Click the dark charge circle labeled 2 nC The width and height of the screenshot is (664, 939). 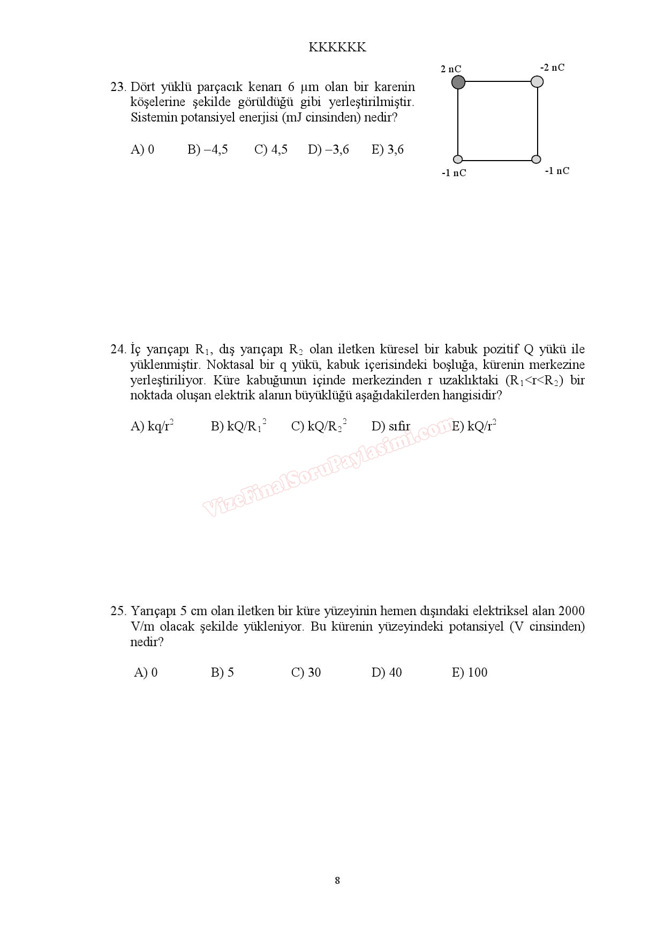(458, 82)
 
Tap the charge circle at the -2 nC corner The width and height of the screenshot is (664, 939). (537, 81)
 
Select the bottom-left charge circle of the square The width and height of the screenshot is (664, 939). (458, 159)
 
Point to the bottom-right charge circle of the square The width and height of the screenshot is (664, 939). (537, 159)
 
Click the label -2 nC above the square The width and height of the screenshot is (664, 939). (552, 67)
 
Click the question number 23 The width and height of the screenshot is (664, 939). (117, 87)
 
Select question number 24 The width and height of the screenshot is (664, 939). (117, 350)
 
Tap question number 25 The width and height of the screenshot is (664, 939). (117, 611)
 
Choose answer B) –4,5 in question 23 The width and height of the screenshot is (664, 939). (207, 149)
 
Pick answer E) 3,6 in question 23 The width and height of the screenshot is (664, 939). (387, 149)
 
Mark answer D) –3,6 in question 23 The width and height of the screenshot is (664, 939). (328, 149)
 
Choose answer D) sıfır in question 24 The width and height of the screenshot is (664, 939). (391, 426)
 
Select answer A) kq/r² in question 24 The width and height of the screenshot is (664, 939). (152, 426)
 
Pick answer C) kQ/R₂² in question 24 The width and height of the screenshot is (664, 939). (319, 426)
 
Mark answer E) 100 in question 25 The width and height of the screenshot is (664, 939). (470, 672)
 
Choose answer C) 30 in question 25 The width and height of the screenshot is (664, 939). (306, 672)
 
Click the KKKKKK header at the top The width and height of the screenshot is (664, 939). (337, 47)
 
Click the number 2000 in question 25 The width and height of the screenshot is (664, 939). (571, 611)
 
